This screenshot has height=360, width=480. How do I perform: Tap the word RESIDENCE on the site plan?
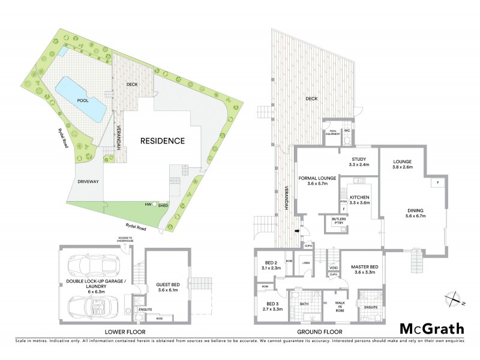tap(162, 141)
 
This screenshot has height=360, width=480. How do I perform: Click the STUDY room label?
tap(359, 159)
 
